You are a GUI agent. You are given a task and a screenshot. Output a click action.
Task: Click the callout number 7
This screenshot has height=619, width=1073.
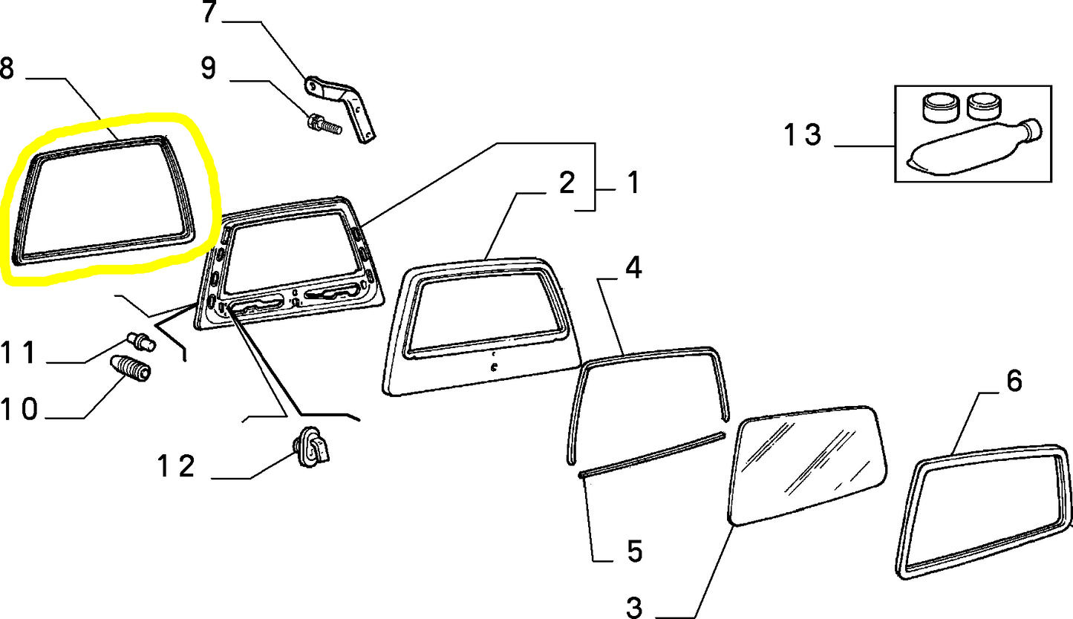click(209, 11)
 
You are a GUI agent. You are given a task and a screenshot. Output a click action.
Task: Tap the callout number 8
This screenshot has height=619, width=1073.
click(7, 68)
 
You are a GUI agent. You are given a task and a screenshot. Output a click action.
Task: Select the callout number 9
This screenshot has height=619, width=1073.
click(209, 68)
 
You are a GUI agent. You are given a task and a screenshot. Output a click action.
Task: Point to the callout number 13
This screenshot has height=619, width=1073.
click(803, 134)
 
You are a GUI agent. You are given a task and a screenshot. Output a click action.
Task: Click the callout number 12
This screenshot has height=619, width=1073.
click(176, 466)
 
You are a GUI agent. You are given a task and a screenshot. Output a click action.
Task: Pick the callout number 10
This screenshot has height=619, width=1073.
click(19, 409)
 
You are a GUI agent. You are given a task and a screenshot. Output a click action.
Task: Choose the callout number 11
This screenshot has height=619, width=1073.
click(19, 353)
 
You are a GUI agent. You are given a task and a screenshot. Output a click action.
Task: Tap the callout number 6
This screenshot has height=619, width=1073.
click(1014, 381)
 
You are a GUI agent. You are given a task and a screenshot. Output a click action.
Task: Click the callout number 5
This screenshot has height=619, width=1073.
click(634, 551)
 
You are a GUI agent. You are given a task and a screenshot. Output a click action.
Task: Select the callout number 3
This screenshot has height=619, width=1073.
click(634, 608)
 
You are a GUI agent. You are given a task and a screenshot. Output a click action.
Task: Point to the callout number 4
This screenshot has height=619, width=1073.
click(633, 268)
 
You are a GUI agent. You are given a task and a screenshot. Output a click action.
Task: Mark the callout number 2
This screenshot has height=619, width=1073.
click(567, 183)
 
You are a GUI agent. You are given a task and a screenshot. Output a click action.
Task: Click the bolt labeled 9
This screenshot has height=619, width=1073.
click(324, 124)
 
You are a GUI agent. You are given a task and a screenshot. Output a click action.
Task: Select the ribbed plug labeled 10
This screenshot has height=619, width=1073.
click(130, 367)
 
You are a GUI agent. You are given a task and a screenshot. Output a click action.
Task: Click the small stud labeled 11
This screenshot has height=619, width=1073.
click(141, 341)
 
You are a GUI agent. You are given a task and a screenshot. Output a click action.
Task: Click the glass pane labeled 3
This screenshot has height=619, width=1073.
click(806, 466)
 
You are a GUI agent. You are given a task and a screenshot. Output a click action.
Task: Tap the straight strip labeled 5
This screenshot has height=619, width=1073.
click(652, 455)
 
